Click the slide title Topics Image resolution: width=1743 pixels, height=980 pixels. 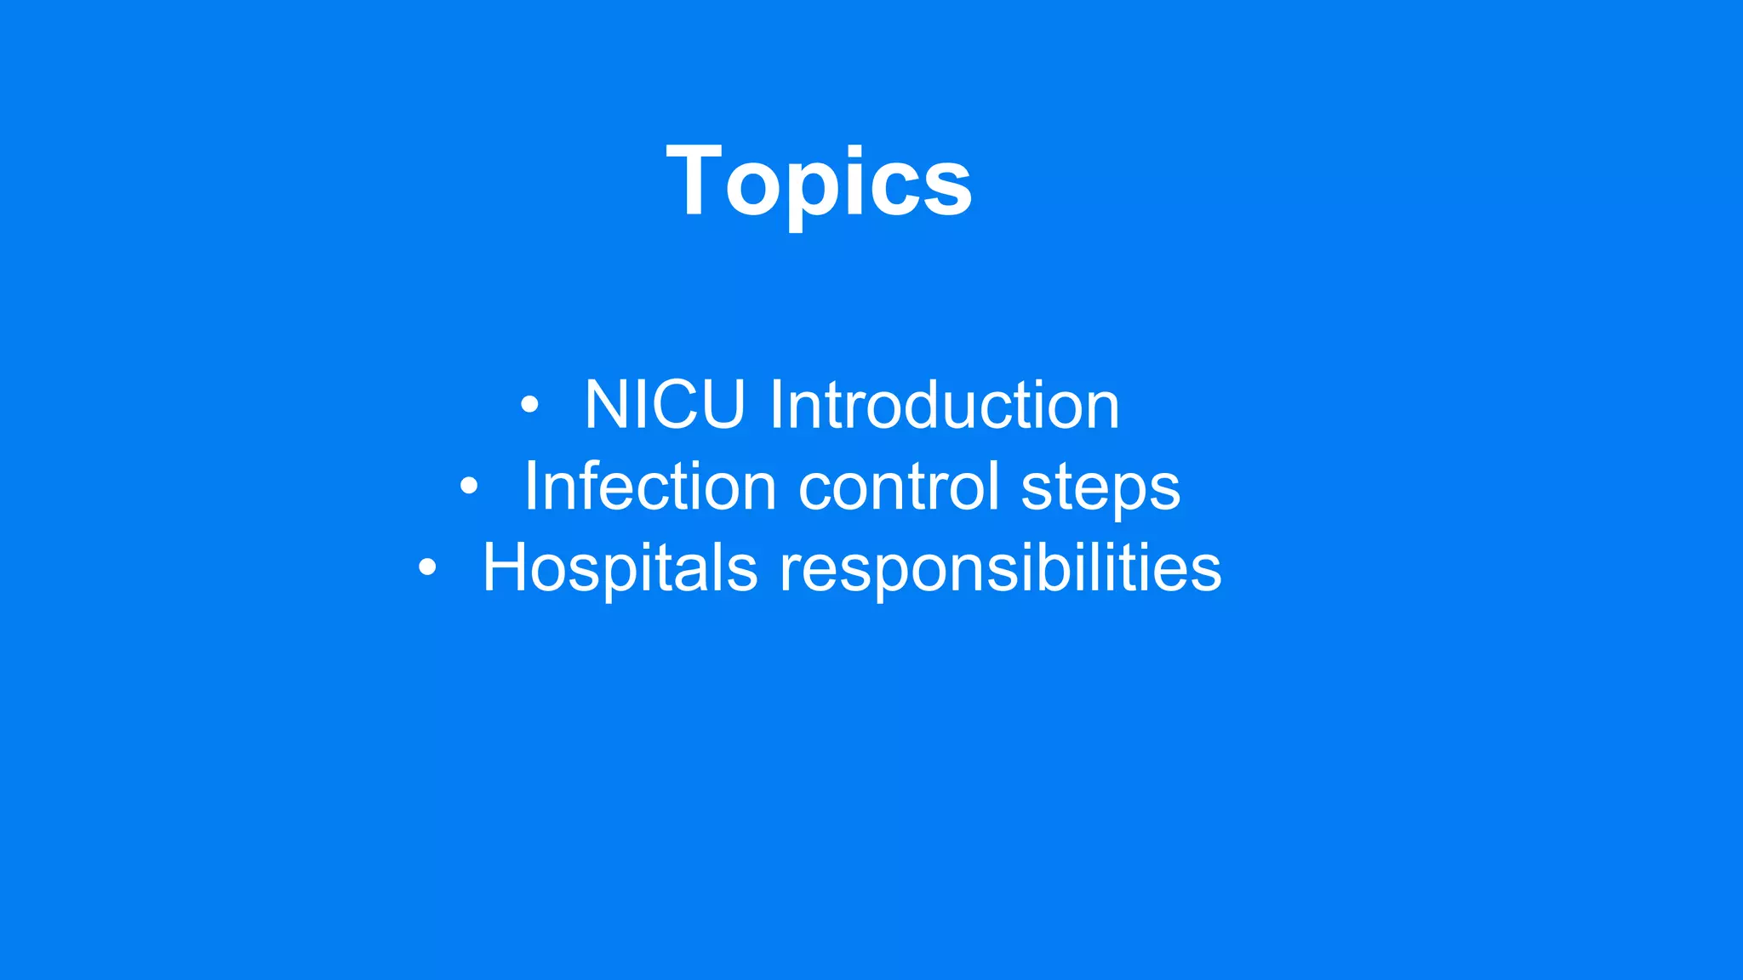pyautogui.click(x=819, y=182)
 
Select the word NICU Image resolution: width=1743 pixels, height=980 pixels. pyautogui.click(x=665, y=405)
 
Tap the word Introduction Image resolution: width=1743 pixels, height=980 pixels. pyautogui.click(x=944, y=405)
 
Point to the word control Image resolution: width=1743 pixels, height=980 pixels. pyautogui.click(x=898, y=487)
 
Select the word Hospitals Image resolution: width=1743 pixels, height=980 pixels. pyautogui.click(x=619, y=567)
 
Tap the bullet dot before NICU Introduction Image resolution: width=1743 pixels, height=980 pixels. pyautogui.click(x=529, y=405)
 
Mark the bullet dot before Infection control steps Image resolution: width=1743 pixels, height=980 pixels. pyautogui.click(x=469, y=487)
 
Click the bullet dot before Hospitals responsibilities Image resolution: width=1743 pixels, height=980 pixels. pyautogui.click(x=427, y=567)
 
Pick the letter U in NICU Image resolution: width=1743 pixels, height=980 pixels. pyautogui.click(x=722, y=405)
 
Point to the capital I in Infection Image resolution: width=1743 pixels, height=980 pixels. pyautogui.click(x=529, y=487)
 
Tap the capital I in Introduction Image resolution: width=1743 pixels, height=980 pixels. pyautogui.click(x=774, y=405)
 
